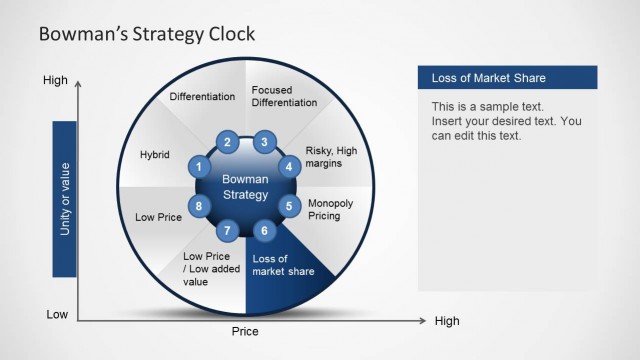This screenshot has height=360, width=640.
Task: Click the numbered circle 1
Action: (200, 167)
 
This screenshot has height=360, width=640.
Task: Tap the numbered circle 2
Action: (228, 142)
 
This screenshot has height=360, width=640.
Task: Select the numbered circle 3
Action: (264, 142)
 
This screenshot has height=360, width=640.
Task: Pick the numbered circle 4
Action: (289, 167)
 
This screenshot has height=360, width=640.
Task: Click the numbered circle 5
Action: (289, 207)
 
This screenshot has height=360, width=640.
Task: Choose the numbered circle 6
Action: (264, 231)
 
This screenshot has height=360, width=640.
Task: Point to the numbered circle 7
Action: (228, 231)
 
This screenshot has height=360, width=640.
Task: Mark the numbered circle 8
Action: (200, 207)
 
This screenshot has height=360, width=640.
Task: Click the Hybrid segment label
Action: (155, 155)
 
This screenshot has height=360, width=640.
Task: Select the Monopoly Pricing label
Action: (330, 208)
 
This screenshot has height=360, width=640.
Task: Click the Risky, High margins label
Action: (330, 156)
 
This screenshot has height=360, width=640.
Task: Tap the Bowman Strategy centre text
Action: (244, 187)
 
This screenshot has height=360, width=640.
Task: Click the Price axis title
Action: (245, 331)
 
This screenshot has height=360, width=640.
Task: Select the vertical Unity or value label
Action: (65, 198)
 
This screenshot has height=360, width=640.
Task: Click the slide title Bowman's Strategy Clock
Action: (146, 34)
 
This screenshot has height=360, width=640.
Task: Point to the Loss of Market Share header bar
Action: (507, 78)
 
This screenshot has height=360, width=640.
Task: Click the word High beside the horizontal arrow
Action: (447, 321)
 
